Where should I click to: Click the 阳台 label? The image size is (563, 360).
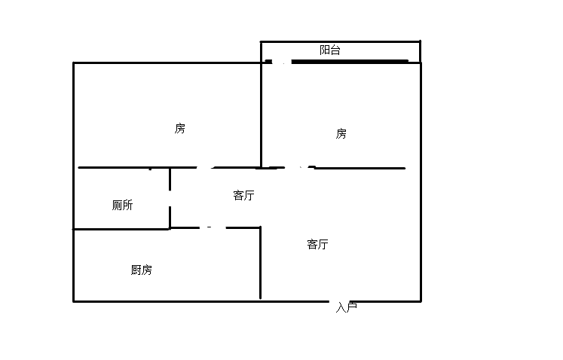[x=330, y=50]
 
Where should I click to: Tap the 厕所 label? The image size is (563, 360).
[x=122, y=205]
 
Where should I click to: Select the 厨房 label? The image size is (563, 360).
[x=141, y=270]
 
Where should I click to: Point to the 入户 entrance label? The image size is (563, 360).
[x=346, y=307]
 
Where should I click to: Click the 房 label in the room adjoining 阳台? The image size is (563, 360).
[x=341, y=133]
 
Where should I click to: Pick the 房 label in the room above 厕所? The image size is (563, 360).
[x=179, y=128]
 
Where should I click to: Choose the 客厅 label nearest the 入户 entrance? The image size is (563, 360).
[x=317, y=244]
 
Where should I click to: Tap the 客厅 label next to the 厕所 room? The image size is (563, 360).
[x=243, y=196]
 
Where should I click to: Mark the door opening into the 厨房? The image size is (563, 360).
[x=212, y=227]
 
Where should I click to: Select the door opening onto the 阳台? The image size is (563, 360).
[x=278, y=62]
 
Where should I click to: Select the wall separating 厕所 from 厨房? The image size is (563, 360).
[x=121, y=229]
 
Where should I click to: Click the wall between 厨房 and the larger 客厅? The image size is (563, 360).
[x=261, y=264]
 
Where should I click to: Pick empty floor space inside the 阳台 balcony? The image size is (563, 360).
[x=377, y=51]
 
